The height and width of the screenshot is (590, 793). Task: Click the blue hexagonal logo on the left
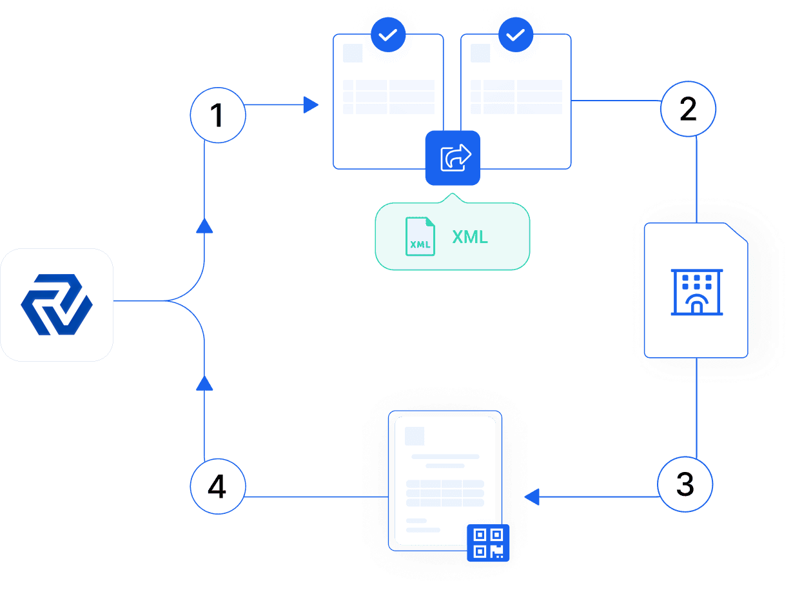tap(57, 304)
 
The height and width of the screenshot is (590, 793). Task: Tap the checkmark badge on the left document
tap(388, 35)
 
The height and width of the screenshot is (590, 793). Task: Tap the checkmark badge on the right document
tap(516, 35)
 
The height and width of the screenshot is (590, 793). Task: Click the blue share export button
tap(453, 158)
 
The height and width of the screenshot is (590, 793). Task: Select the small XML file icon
tap(420, 237)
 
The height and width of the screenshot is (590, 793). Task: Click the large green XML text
tap(470, 237)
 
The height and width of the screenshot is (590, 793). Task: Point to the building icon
tap(696, 292)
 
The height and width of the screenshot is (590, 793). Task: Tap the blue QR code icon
tap(488, 543)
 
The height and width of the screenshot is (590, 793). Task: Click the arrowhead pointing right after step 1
tap(311, 104)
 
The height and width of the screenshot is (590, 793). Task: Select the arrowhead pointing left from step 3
tap(532, 497)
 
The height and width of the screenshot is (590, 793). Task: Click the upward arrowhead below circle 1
tap(204, 226)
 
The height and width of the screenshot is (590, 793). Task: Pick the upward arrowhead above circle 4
tap(204, 383)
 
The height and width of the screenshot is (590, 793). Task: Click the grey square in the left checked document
tap(353, 53)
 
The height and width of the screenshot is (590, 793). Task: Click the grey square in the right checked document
tap(480, 53)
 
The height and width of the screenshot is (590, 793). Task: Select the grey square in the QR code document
tap(415, 436)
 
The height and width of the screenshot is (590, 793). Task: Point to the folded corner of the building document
tap(737, 233)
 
